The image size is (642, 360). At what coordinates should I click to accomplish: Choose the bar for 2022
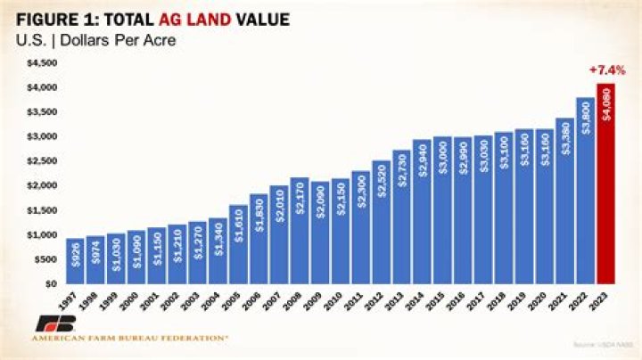pyautogui.click(x=583, y=191)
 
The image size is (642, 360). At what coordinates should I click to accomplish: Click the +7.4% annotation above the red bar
pyautogui.click(x=606, y=70)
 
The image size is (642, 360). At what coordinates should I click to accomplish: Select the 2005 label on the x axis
pyautogui.click(x=235, y=299)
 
